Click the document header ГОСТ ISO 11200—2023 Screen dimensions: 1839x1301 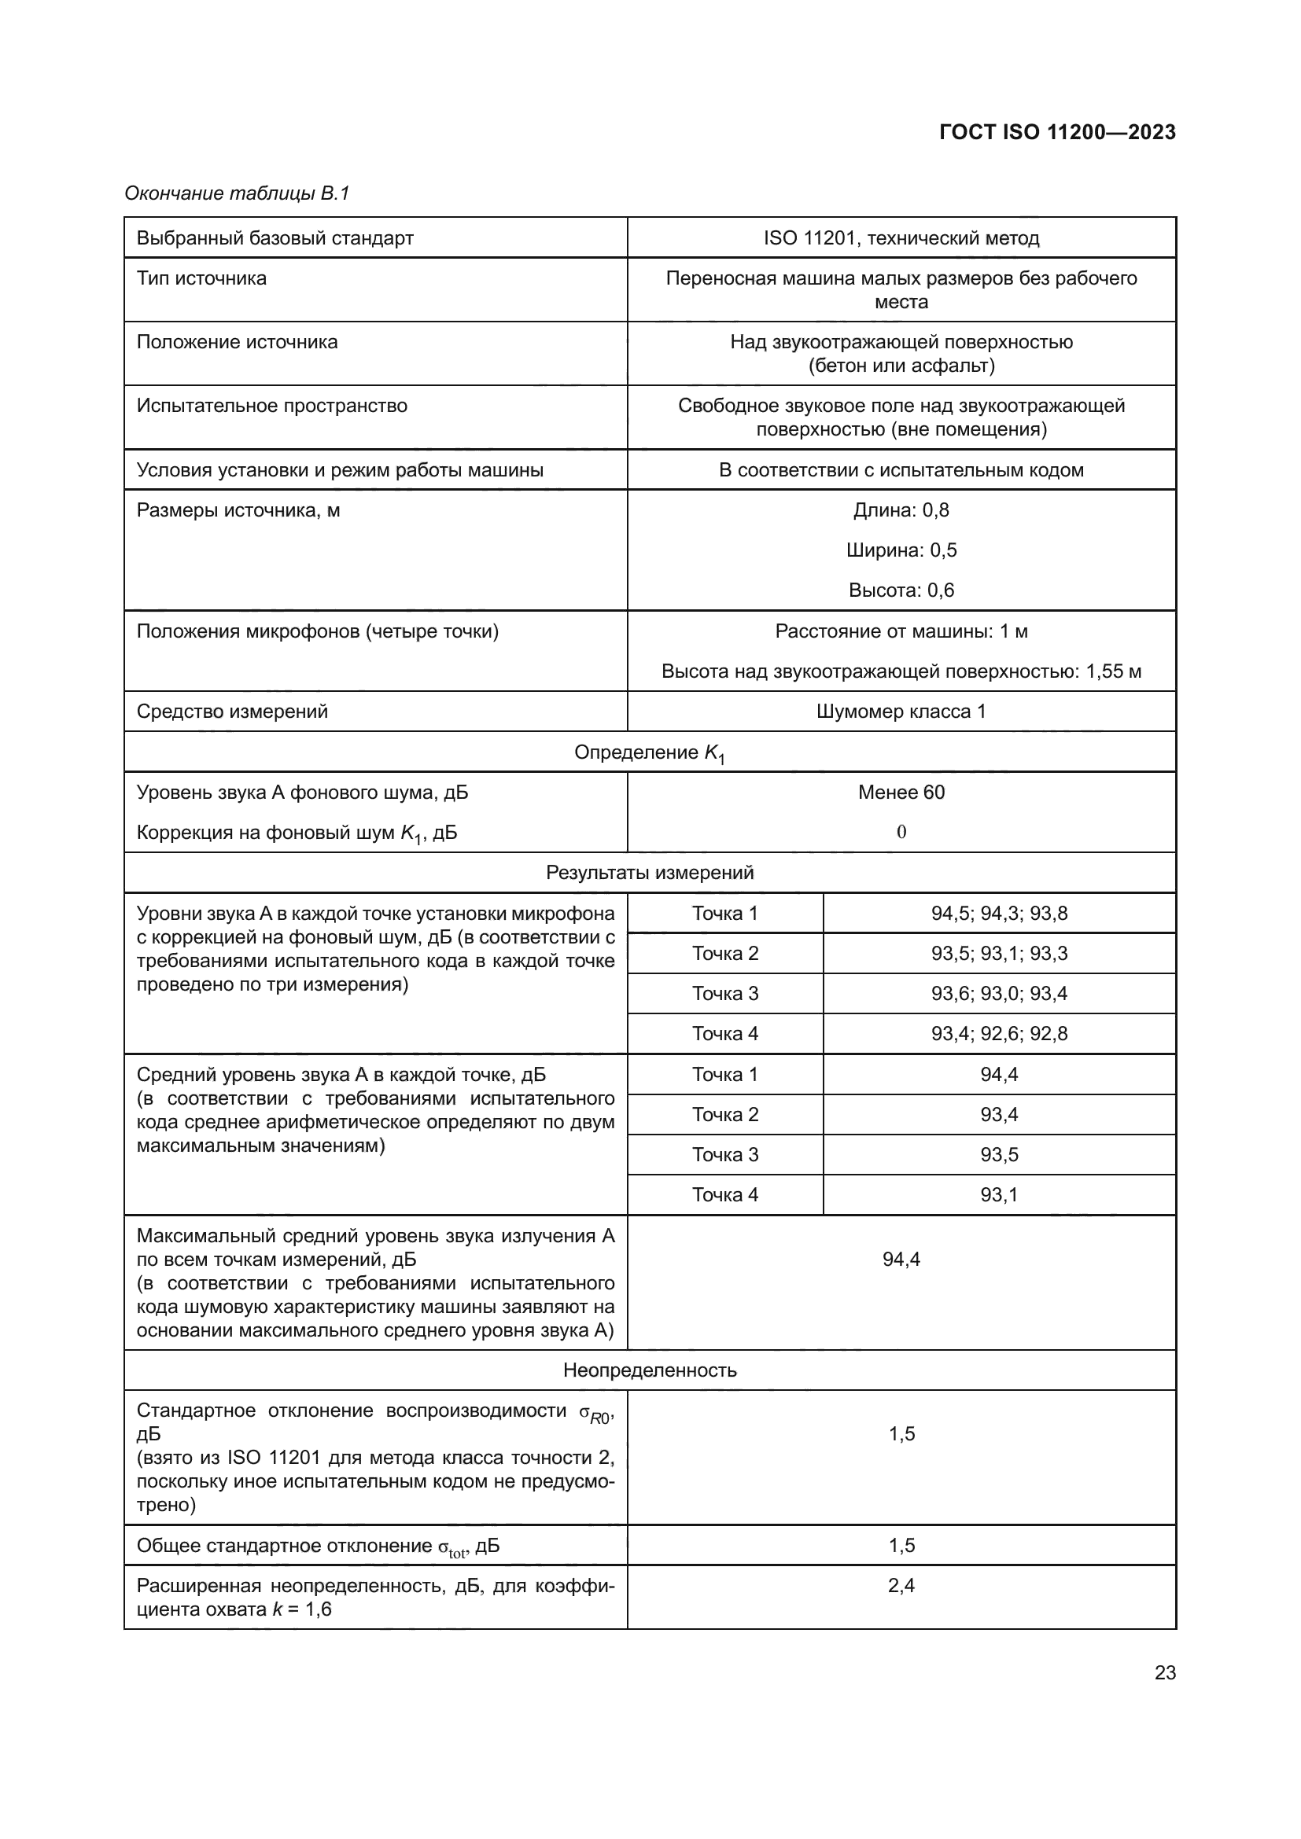tap(1056, 132)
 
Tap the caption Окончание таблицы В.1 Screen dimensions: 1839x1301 tap(237, 194)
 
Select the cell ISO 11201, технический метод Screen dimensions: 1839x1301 tap(901, 238)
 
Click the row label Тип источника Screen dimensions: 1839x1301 tap(201, 279)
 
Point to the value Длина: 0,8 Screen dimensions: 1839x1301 tap(901, 510)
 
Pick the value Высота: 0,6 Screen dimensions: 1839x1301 tap(901, 590)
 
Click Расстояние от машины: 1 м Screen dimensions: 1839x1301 tap(901, 631)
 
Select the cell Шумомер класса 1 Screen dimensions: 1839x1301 tap(901, 712)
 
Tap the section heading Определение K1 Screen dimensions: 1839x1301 tap(649, 753)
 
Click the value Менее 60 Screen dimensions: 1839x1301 tap(901, 793)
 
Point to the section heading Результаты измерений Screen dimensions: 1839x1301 tap(649, 872)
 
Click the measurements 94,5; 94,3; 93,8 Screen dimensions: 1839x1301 tap(998, 913)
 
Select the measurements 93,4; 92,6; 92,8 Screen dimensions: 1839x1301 tap(998, 1033)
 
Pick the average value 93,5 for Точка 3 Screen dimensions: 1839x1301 tap(998, 1154)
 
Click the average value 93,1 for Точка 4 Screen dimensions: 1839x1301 tap(998, 1194)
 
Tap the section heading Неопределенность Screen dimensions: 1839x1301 tap(649, 1370)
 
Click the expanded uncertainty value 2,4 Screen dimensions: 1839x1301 tap(901, 1585)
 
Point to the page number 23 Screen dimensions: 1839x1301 tap(1165, 1672)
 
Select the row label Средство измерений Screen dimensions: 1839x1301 tap(232, 712)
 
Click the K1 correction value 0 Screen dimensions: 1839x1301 tap(901, 832)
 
